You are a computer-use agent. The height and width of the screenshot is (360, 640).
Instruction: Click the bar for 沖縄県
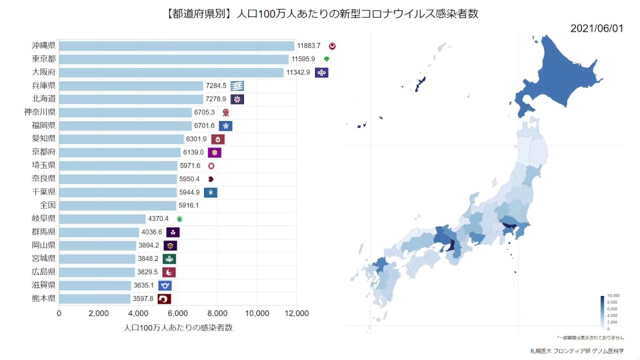point(176,46)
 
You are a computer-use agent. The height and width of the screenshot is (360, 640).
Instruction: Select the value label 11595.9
point(306,59)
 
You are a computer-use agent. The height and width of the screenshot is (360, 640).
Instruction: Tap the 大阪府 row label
point(43,72)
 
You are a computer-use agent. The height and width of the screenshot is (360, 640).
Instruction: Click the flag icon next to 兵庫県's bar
point(237,86)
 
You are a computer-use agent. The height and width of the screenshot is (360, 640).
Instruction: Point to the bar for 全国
point(118,206)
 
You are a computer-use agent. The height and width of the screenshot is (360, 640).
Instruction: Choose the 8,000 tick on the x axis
point(218,313)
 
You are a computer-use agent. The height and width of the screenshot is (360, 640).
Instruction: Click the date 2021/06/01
point(596,28)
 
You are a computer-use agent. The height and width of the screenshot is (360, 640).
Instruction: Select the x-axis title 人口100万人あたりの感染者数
point(178,328)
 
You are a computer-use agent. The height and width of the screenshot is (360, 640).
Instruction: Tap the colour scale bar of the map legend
point(602,312)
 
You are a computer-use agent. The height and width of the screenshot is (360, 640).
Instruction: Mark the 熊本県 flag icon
point(164,299)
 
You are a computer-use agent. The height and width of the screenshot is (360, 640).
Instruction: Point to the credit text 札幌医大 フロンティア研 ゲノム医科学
point(577,350)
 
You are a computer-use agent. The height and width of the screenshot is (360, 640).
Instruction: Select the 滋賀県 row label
point(43,285)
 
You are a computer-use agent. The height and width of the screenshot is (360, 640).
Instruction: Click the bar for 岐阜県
point(102,219)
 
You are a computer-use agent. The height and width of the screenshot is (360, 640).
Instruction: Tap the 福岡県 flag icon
point(225,126)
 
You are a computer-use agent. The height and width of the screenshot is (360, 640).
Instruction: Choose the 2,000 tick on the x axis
point(99,313)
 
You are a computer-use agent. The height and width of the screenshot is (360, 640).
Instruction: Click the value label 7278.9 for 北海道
point(216,99)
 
